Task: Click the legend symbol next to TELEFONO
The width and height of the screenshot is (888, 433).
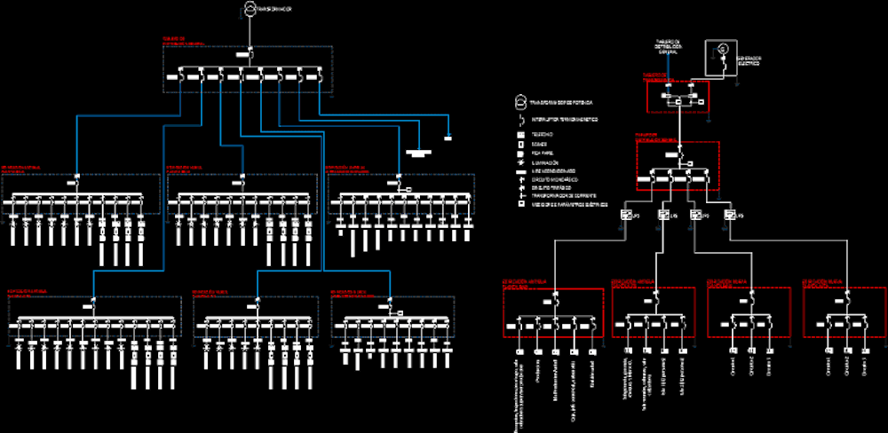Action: [521, 133]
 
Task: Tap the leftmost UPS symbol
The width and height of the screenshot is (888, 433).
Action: [624, 216]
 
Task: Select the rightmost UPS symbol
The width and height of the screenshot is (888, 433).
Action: [728, 216]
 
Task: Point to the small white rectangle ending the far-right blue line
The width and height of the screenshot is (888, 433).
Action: [448, 137]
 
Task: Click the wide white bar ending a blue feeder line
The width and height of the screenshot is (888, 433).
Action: [417, 153]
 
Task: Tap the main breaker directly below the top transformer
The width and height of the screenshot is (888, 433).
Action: [250, 55]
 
